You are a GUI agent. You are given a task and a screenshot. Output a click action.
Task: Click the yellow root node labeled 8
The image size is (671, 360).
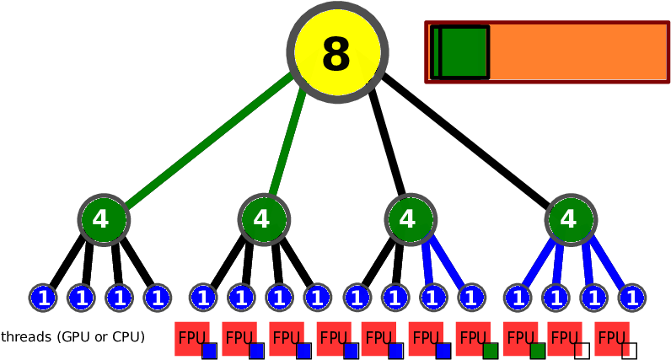click(337, 52)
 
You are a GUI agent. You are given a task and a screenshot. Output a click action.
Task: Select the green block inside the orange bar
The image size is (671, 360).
click(462, 52)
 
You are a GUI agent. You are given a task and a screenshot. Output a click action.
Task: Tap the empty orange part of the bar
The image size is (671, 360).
click(577, 52)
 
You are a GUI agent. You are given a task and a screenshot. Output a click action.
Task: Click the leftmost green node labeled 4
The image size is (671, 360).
click(104, 220)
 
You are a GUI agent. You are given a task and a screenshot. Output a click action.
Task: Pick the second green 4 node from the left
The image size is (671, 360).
click(264, 220)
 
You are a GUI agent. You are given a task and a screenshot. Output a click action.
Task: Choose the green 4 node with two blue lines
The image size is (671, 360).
click(411, 220)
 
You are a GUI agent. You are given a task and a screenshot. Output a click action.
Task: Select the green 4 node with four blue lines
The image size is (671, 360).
click(571, 220)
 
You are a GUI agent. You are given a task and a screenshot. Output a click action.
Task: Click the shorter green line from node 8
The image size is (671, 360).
click(287, 139)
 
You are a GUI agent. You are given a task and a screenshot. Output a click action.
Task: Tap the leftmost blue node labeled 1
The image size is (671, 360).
click(43, 298)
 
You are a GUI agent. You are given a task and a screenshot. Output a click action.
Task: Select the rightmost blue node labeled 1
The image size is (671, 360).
click(632, 298)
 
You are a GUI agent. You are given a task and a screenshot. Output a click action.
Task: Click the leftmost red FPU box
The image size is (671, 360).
click(191, 338)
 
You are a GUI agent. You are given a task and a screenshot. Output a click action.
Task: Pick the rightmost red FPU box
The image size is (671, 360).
click(610, 338)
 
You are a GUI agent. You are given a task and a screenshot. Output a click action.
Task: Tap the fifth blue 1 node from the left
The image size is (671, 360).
click(203, 298)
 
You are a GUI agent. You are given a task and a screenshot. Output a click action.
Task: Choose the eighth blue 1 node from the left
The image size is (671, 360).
click(318, 298)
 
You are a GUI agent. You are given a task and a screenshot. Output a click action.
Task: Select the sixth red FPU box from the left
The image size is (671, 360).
click(425, 338)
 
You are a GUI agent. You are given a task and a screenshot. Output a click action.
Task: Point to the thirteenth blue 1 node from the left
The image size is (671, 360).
click(518, 298)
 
